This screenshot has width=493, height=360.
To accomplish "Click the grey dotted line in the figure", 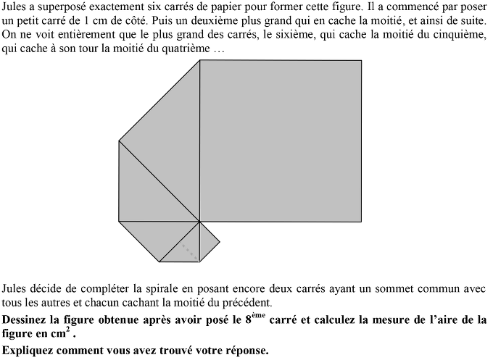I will (x=189, y=250).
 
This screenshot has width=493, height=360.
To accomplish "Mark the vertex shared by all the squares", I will (x=199, y=222).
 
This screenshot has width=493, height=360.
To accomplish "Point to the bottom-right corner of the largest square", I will (x=361, y=222).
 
